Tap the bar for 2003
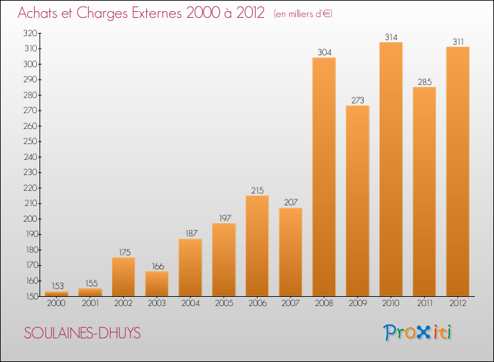(x=157, y=284)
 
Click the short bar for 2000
(x=57, y=294)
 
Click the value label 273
(x=358, y=101)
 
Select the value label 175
(x=123, y=252)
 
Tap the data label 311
(x=458, y=41)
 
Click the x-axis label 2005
(x=224, y=304)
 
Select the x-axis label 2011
(x=424, y=304)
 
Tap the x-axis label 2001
(x=90, y=304)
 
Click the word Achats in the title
(x=39, y=13)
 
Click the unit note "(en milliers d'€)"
(x=303, y=14)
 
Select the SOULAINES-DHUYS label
(x=82, y=333)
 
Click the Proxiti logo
(x=418, y=332)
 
